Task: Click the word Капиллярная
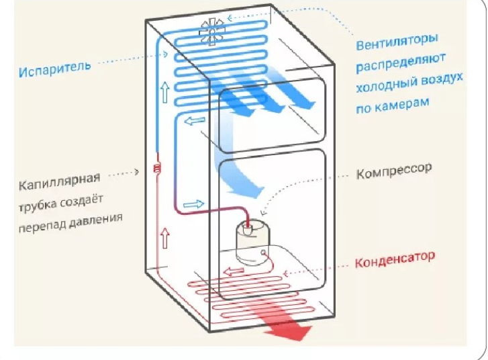pos(60,180)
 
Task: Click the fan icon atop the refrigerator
pos(211,29)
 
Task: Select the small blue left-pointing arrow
pos(194,122)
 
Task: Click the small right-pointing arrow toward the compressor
pos(193,203)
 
